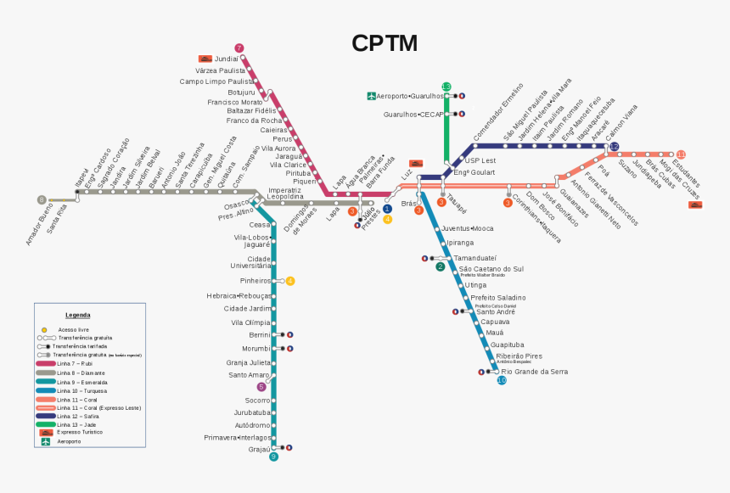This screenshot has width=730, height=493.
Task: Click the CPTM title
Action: coord(385,43)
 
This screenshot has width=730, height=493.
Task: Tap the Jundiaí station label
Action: coord(226,59)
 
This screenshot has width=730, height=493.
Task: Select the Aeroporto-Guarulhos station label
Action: coord(411,96)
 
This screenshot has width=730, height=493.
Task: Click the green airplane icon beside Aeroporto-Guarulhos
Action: coord(371,96)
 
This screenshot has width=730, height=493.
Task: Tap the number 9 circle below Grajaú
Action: coord(273,457)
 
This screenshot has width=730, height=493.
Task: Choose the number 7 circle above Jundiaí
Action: coord(239,48)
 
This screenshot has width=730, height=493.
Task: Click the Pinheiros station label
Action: coord(255,281)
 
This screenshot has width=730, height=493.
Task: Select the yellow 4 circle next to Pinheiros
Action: coord(290,281)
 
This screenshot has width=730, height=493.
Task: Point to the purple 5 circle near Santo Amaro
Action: coord(261,387)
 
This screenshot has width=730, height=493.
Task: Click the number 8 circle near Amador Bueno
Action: coord(41,200)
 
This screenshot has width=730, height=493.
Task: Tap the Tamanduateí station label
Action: coord(474,257)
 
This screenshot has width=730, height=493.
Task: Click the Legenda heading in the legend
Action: coord(77,315)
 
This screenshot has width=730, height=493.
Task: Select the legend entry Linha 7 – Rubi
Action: coord(74,363)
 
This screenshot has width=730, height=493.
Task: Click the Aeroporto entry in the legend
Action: coord(69,441)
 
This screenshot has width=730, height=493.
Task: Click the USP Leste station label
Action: coord(480,160)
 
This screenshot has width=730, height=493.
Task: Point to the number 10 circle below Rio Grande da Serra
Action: coord(502,380)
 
